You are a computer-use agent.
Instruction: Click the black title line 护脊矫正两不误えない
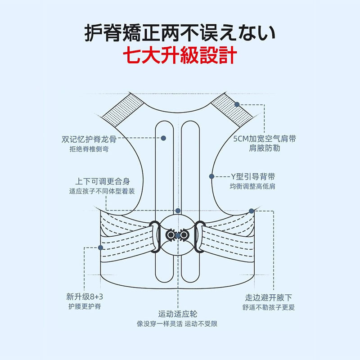[180, 33]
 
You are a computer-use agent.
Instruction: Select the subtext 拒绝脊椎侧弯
[89, 149]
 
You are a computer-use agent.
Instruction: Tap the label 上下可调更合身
[103, 181]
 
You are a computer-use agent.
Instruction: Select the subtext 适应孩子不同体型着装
[102, 191]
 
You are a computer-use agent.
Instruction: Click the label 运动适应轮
[178, 314]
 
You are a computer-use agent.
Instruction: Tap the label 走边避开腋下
[268, 297]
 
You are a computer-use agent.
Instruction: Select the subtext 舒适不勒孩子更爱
[268, 307]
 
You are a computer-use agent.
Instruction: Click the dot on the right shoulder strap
[237, 104]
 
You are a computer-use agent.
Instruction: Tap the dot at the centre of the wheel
[178, 235]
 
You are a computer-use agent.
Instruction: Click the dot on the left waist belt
[100, 247]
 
